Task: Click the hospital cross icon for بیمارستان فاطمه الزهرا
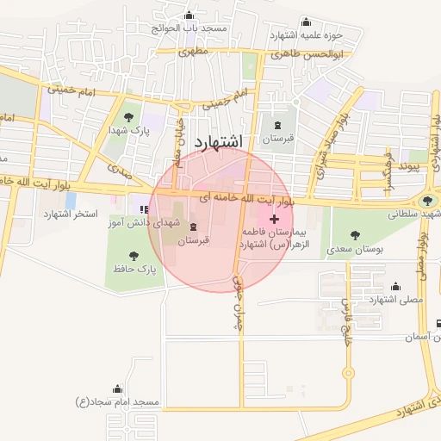pyautogui.click(x=275, y=220)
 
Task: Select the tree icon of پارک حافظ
pyautogui.click(x=134, y=256)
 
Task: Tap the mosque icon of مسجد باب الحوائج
pyautogui.click(x=189, y=16)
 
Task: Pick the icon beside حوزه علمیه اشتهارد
pyautogui.click(x=307, y=23)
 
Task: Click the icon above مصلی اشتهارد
pyautogui.click(x=395, y=286)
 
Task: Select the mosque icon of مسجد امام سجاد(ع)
pyautogui.click(x=118, y=389)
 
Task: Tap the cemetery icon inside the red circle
pyautogui.click(x=193, y=227)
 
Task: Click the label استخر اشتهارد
pyautogui.click(x=71, y=213)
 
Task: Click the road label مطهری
pyautogui.click(x=195, y=52)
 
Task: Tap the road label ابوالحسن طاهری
pyautogui.click(x=307, y=53)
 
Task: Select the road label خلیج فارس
pyautogui.click(x=346, y=318)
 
